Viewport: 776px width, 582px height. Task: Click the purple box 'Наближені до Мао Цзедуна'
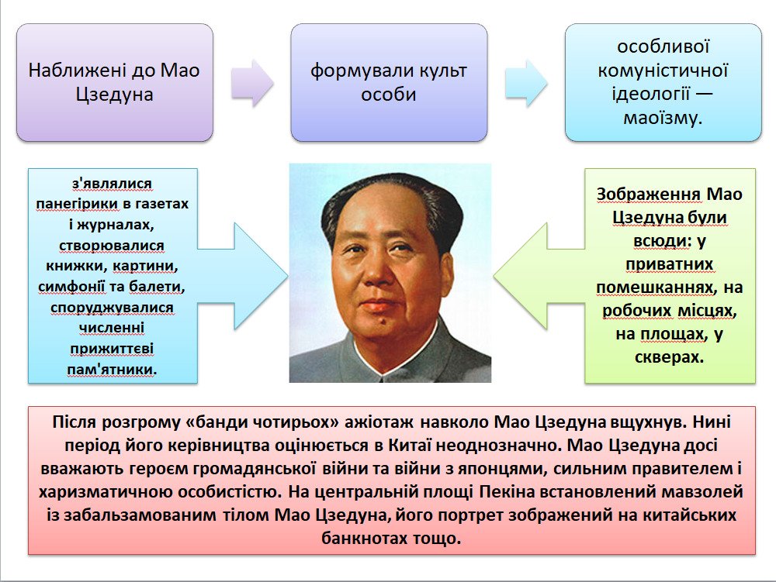click(115, 82)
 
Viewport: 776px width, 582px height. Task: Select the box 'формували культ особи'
click(389, 82)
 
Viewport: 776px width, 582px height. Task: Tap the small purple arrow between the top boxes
click(252, 83)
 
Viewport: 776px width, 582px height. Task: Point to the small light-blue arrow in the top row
click(526, 83)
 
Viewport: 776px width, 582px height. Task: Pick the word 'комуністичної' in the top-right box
click(663, 71)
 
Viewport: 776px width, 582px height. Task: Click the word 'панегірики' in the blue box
click(77, 204)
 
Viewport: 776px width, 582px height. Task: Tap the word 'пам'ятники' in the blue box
click(111, 370)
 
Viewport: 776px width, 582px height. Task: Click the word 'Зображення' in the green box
click(648, 195)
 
